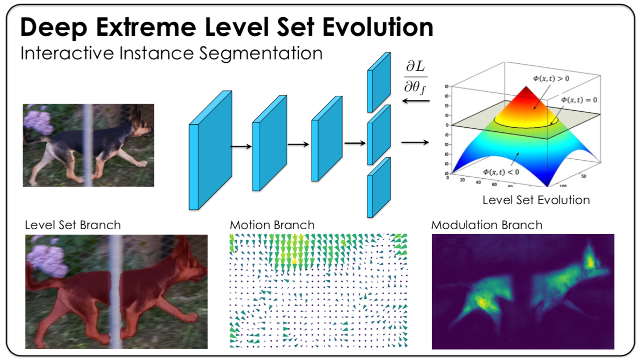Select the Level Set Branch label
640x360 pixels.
[x=73, y=225]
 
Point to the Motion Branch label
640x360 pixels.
[x=272, y=225]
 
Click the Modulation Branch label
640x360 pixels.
[x=487, y=225]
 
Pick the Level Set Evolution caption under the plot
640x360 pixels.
[x=536, y=200]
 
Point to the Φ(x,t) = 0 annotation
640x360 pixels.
[x=579, y=100]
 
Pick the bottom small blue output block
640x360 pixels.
[x=378, y=187]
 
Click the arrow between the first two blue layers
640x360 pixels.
[x=241, y=146]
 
